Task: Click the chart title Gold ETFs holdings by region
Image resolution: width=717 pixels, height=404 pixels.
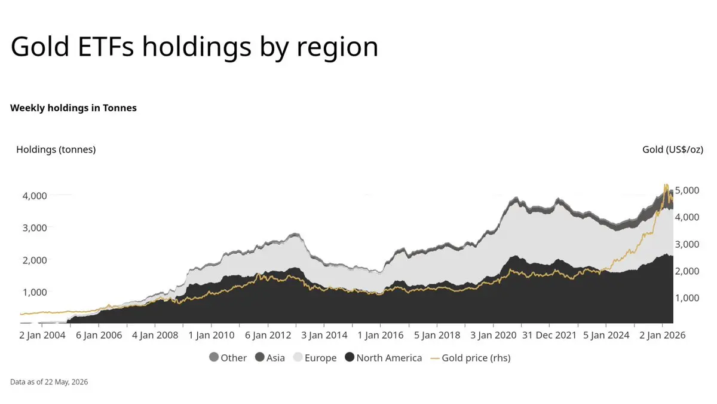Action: pyautogui.click(x=194, y=47)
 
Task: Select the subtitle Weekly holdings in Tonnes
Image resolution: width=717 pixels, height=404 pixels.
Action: pyautogui.click(x=73, y=108)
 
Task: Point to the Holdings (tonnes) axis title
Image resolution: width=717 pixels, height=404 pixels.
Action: pyautogui.click(x=56, y=150)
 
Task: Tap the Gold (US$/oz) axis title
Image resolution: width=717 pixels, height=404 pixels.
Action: pyautogui.click(x=673, y=150)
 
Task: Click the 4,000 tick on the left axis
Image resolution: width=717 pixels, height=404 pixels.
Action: pyautogui.click(x=35, y=196)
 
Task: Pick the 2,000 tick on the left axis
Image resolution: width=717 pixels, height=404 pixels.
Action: pyautogui.click(x=35, y=260)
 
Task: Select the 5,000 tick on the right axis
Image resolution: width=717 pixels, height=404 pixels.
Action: pyautogui.click(x=687, y=190)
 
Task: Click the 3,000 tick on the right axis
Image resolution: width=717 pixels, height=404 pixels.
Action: pyautogui.click(x=687, y=244)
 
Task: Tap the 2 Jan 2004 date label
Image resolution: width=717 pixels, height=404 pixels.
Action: pyautogui.click(x=42, y=335)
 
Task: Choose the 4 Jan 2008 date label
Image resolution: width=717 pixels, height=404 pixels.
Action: pyautogui.click(x=155, y=335)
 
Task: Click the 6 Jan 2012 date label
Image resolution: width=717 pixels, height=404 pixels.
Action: pyautogui.click(x=268, y=335)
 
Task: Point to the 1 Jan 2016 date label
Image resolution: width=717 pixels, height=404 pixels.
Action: pyautogui.click(x=380, y=335)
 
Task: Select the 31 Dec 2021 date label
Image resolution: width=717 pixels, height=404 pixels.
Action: pyautogui.click(x=549, y=335)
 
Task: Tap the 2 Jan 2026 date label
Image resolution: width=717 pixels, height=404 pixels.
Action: pyautogui.click(x=662, y=335)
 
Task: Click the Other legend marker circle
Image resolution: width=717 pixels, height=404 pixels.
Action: pyautogui.click(x=214, y=357)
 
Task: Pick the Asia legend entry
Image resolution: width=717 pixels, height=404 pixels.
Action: pyautogui.click(x=270, y=357)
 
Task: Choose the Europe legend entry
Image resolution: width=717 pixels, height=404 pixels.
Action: pyautogui.click(x=315, y=357)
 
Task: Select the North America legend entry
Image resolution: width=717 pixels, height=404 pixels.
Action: pyautogui.click(x=384, y=357)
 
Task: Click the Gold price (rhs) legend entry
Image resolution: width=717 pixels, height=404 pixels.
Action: pyautogui.click(x=471, y=358)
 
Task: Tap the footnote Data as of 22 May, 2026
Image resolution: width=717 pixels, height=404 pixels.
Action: pyautogui.click(x=49, y=382)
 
